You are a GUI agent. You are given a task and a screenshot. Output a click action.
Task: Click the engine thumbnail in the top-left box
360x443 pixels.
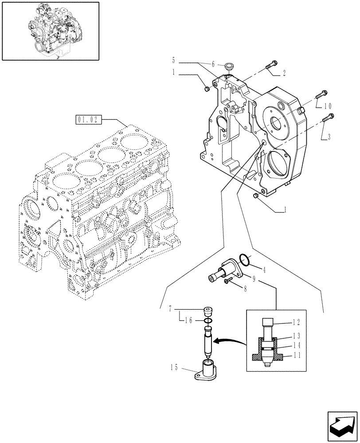coord(50,31)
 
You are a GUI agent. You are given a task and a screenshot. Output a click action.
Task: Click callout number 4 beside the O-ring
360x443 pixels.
coord(264,270)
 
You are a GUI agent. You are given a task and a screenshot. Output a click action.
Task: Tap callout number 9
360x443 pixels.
coord(254,279)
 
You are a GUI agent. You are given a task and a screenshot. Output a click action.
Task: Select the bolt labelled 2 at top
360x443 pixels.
coord(271,65)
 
